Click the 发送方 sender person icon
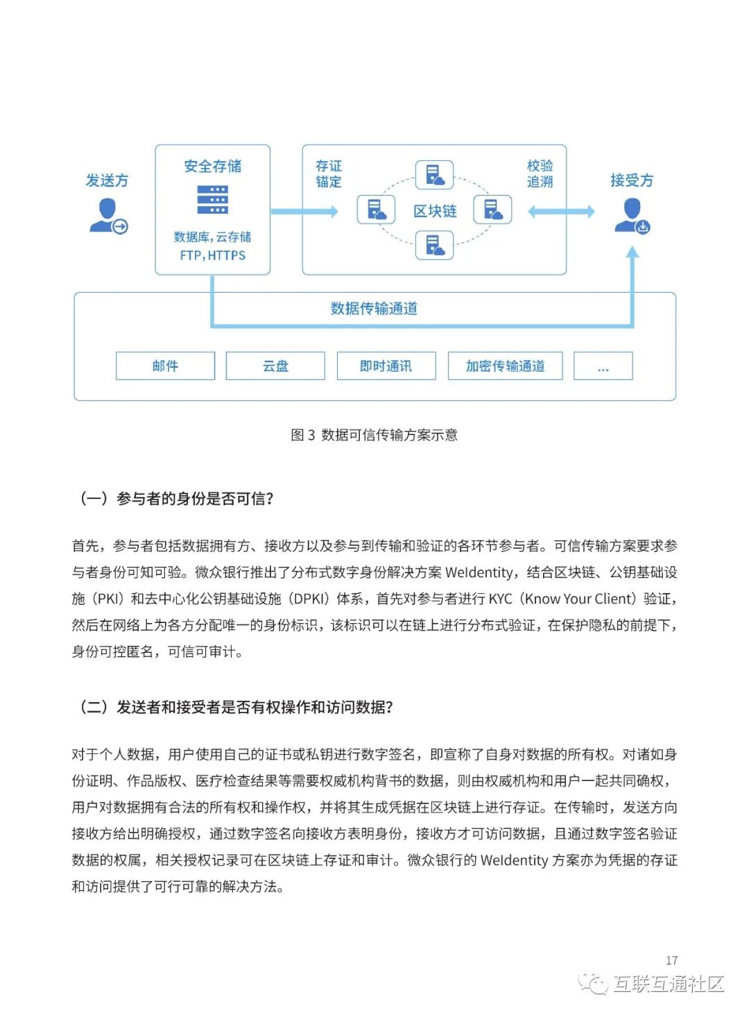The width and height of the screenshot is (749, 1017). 108,216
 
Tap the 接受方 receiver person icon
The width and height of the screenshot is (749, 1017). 632,216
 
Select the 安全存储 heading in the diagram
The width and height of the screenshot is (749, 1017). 213,166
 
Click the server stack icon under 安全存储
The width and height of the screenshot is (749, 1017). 212,200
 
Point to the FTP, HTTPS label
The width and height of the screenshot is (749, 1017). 213,255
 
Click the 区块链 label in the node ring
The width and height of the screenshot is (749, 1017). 435,211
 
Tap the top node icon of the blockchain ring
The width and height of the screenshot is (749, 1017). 434,175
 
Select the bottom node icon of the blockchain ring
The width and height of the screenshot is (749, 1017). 434,246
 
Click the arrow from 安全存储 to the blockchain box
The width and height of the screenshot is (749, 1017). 304,211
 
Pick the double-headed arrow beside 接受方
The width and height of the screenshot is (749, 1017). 561,212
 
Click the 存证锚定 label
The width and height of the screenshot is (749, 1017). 329,173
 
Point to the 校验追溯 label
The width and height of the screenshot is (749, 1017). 540,173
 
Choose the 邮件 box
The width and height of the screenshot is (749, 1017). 165,366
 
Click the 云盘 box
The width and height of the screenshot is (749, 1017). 275,366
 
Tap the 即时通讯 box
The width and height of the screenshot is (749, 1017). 386,366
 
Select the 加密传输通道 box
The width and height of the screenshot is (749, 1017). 505,366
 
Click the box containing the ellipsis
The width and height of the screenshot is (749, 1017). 603,366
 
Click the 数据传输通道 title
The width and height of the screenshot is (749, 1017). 374,309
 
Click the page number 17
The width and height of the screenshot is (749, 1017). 671,960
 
